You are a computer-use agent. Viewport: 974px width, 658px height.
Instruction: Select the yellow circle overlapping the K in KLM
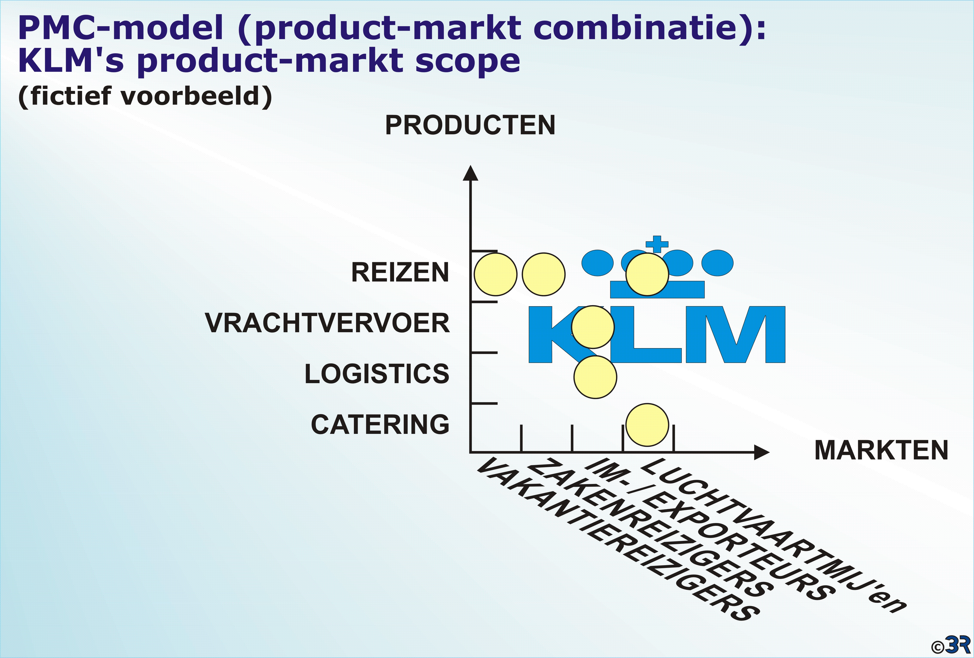point(593,327)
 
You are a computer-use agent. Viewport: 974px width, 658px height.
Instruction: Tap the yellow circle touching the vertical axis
point(495,274)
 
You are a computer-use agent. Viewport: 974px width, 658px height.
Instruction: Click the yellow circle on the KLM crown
point(647,274)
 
